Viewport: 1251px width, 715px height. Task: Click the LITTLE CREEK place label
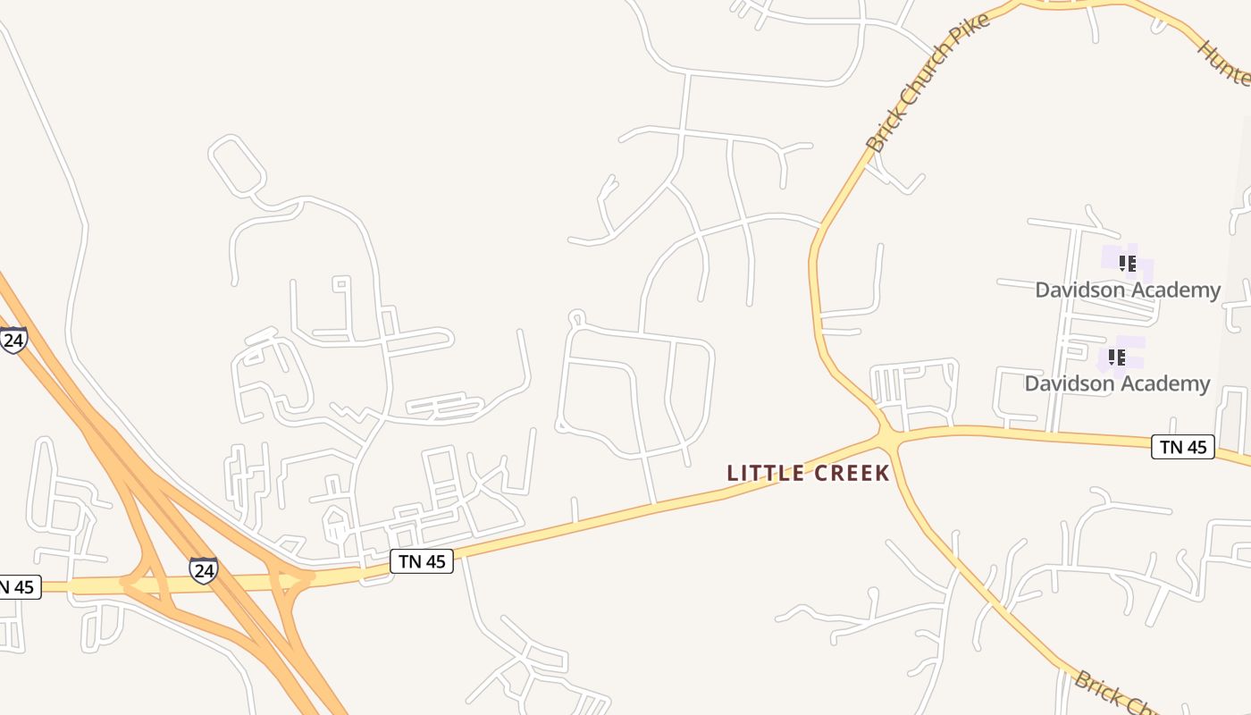[x=809, y=473]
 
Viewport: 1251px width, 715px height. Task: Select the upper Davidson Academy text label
[x=1128, y=290]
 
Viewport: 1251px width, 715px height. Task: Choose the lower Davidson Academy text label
[x=1117, y=383]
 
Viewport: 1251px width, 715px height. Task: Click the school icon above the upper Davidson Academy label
[x=1128, y=264]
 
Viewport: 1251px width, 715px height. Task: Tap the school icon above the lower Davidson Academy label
[x=1116, y=357]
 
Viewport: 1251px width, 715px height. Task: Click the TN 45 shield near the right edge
[x=1183, y=447]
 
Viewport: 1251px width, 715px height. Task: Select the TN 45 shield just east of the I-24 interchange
[x=422, y=561]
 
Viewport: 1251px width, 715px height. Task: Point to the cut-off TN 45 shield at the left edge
[x=18, y=587]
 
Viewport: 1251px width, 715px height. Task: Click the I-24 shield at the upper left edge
[x=13, y=341]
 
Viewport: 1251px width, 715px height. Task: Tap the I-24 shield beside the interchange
[x=203, y=569]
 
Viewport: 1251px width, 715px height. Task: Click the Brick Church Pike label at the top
[x=928, y=82]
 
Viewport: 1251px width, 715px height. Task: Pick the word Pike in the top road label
[x=970, y=36]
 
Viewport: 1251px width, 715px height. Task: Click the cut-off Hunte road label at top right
[x=1225, y=63]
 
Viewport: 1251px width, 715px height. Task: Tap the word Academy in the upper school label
[x=1175, y=290]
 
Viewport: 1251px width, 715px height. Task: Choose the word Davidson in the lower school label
[x=1069, y=383]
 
